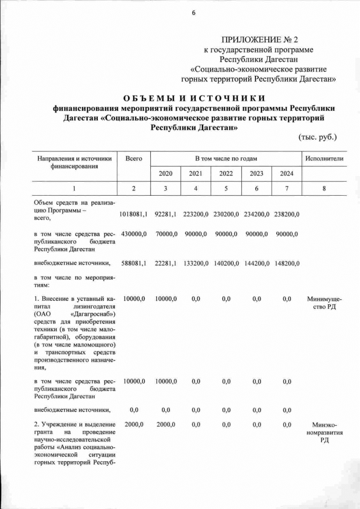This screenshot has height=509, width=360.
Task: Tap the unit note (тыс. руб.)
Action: coord(317,136)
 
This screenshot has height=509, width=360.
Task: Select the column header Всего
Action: coord(133,159)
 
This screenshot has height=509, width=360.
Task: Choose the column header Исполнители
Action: coord(324,159)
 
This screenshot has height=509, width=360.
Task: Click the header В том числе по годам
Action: coord(226,159)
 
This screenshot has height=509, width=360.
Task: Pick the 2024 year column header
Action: coord(286,173)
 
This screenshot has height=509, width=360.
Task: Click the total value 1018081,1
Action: coord(133,214)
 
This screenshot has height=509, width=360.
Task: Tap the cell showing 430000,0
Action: coord(133,233)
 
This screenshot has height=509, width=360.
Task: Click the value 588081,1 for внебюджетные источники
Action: coord(133,263)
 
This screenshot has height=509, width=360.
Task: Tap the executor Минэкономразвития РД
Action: coord(324,432)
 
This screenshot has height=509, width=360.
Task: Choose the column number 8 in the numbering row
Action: coord(324,188)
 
